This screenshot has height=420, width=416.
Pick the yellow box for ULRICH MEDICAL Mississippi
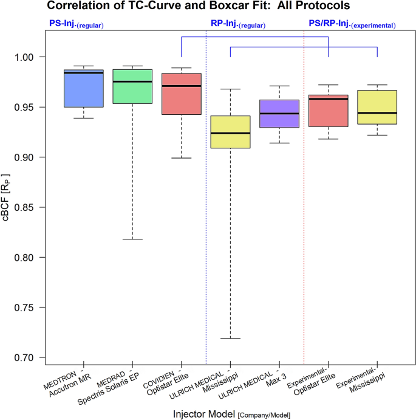pyautogui.click(x=230, y=131)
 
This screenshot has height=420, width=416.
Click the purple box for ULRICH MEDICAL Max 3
pyautogui.click(x=279, y=114)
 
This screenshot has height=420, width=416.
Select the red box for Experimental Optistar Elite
pyautogui.click(x=329, y=111)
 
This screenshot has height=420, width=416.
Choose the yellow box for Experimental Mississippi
pyautogui.click(x=377, y=107)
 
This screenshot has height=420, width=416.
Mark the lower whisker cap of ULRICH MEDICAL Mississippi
pyautogui.click(x=230, y=339)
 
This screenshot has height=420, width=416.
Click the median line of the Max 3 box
pyautogui.click(x=279, y=114)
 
